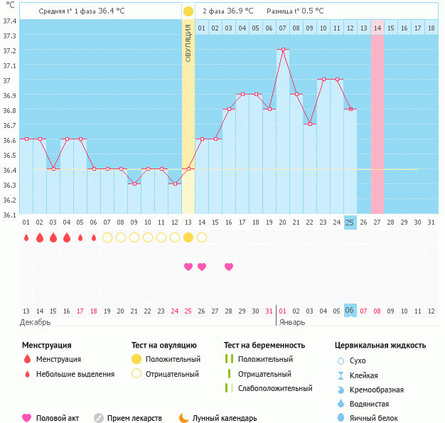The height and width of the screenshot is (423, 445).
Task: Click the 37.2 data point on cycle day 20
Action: tap(283, 50)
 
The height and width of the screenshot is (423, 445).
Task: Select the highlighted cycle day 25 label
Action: tap(350, 223)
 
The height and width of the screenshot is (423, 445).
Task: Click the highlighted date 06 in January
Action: tap(350, 311)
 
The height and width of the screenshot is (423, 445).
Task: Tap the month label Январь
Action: tap(291, 321)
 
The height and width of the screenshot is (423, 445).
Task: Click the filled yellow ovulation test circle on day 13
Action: tap(188, 237)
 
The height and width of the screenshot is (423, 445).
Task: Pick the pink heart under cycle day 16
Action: tap(229, 267)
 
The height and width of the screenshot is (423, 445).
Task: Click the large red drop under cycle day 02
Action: tap(40, 237)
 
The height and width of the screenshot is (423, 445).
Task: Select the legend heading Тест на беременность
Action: tap(264, 345)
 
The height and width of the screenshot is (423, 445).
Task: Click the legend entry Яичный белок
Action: tap(379, 418)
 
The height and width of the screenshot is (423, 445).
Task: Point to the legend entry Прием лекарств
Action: tap(134, 418)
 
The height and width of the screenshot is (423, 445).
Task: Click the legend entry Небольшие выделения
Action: tap(75, 374)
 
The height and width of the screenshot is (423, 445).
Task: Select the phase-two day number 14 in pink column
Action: tap(377, 28)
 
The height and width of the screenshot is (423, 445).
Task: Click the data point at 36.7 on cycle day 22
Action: tap(310, 124)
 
